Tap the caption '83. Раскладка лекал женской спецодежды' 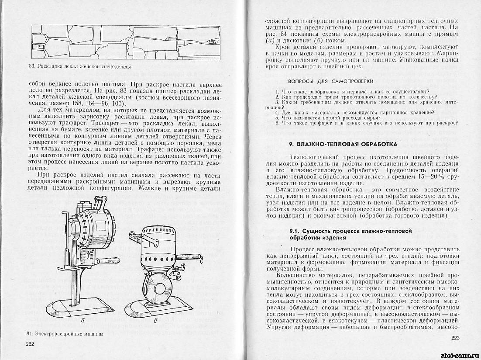click(x=78, y=66)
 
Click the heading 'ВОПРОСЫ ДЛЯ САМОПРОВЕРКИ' click(x=330, y=81)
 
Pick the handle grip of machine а click(x=100, y=262)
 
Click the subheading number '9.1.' click(x=296, y=230)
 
